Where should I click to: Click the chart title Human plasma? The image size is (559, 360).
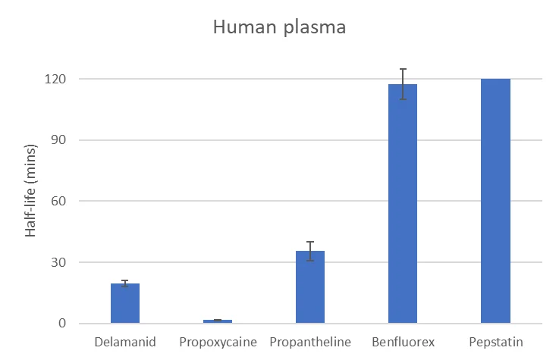[279, 28]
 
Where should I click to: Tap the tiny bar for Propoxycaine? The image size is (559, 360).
[218, 321]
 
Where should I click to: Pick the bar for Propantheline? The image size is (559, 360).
[310, 288]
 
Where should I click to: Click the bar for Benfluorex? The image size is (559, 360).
[403, 205]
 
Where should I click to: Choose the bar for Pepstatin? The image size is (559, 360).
[495, 201]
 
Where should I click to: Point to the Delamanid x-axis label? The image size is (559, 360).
[125, 342]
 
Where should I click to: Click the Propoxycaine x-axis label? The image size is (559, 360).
[218, 342]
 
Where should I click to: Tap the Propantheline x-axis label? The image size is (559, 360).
[310, 342]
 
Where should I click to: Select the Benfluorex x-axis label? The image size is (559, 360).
[403, 342]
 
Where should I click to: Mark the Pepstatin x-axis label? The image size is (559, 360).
[495, 342]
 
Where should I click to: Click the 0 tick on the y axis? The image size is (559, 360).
[63, 324]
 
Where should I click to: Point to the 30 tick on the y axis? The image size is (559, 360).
[60, 262]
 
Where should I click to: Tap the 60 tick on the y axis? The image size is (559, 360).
[60, 201]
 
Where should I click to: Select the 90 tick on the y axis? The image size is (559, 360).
[60, 140]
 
